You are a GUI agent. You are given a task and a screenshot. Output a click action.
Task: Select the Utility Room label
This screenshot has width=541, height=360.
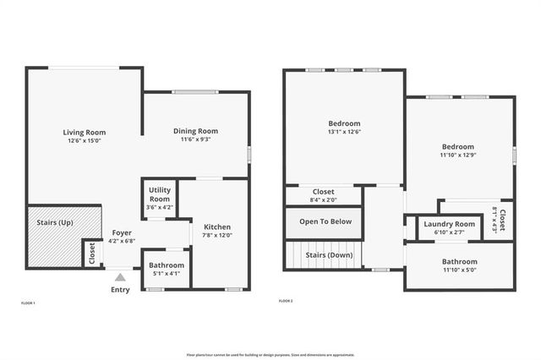pos(160,194)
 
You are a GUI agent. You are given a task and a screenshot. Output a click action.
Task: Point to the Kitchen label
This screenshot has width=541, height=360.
pos(217,226)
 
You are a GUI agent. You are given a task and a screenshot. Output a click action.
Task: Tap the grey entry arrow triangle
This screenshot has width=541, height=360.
pos(121,276)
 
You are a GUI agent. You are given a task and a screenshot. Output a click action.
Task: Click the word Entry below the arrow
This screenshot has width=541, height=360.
pos(121,290)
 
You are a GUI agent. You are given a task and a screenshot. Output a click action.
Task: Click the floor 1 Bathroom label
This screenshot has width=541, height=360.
pos(167,265)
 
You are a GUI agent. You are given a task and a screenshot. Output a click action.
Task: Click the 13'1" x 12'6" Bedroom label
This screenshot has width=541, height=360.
pos(344,123)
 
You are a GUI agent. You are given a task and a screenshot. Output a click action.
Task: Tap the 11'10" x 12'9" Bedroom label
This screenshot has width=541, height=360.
pos(457,146)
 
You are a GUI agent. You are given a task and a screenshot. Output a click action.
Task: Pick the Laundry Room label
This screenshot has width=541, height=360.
pos(438,224)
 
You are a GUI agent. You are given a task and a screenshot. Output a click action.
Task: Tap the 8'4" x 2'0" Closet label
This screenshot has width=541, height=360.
pos(324,192)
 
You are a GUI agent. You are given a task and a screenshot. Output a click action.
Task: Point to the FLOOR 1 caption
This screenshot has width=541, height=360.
pos(28,302)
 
